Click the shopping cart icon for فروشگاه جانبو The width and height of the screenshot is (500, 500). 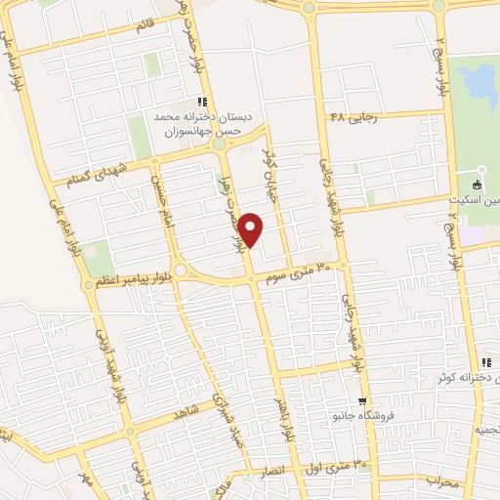[362, 400]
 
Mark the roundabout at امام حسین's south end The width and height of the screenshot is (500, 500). [181, 270]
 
